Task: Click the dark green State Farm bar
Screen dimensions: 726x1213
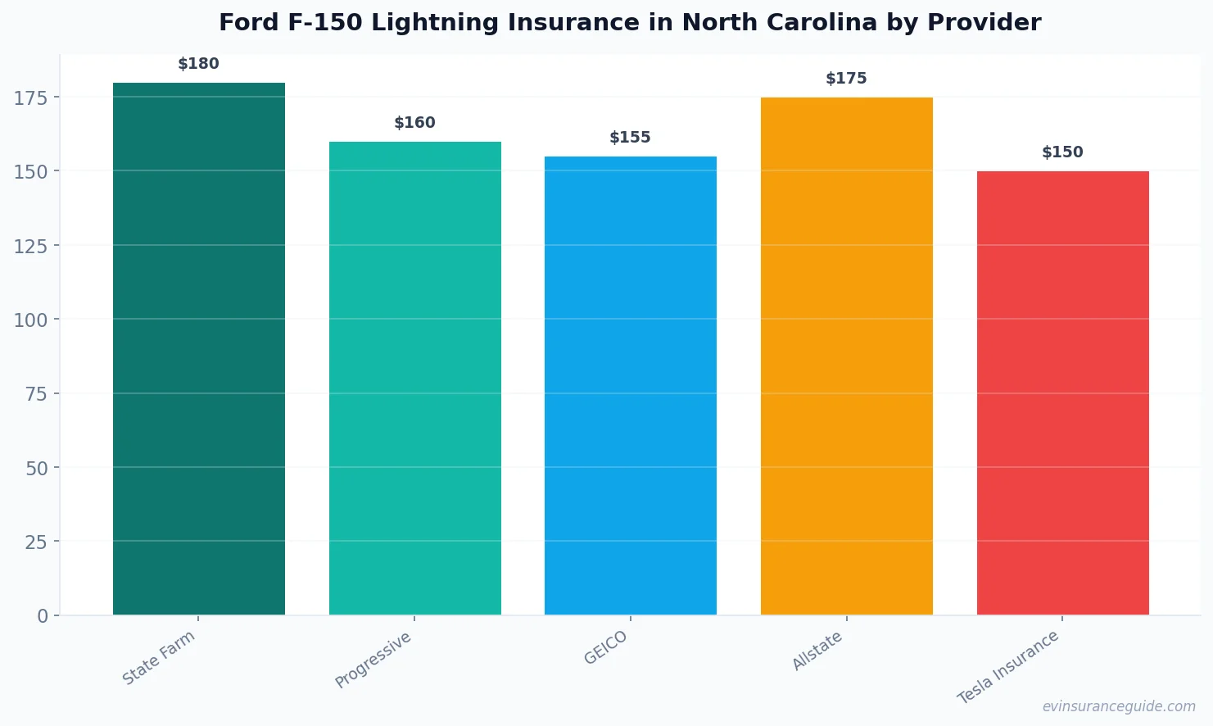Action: [x=199, y=348]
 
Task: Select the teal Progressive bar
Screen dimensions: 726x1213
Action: [x=414, y=378]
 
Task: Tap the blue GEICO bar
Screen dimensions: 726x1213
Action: [x=631, y=385]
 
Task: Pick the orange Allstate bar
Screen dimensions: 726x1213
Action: [x=846, y=356]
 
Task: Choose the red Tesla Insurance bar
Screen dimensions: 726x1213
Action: [x=1062, y=392]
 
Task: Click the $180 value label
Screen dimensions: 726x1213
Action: [x=199, y=64]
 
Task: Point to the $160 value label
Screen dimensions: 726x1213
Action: [x=414, y=123]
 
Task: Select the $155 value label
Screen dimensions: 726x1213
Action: [x=631, y=138]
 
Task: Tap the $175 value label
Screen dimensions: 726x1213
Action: [x=846, y=79]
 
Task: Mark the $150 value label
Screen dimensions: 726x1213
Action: [x=1062, y=152]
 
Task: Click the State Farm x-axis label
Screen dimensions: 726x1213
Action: [x=159, y=657]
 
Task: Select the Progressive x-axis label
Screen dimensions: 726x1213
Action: [x=373, y=660]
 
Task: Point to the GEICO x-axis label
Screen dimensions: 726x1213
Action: [x=605, y=647]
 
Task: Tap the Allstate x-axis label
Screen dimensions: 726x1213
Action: [x=817, y=651]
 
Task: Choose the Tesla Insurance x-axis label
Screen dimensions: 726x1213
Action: [x=1008, y=667]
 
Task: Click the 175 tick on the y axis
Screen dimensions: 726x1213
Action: [x=30, y=98]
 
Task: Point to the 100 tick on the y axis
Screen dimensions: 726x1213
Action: [x=30, y=320]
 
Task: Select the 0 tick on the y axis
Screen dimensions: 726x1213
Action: [x=43, y=616]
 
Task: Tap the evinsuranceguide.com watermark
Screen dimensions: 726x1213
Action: [x=1119, y=706]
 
